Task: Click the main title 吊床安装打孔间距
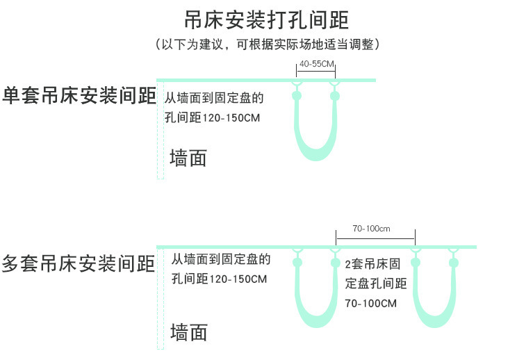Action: (x=267, y=18)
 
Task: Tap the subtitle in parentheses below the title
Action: (x=267, y=44)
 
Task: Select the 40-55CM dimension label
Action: (x=316, y=65)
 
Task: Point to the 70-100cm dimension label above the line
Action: (x=371, y=229)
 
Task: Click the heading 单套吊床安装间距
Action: (x=78, y=96)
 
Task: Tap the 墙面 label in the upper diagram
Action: (x=188, y=158)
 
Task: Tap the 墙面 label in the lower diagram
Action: (x=188, y=332)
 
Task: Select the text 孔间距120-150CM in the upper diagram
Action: (x=212, y=118)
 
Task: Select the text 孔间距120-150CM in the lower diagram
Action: (x=220, y=279)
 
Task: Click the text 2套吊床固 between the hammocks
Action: (x=372, y=264)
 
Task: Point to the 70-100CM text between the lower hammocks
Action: (x=370, y=303)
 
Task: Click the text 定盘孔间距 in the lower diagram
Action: (x=376, y=284)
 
